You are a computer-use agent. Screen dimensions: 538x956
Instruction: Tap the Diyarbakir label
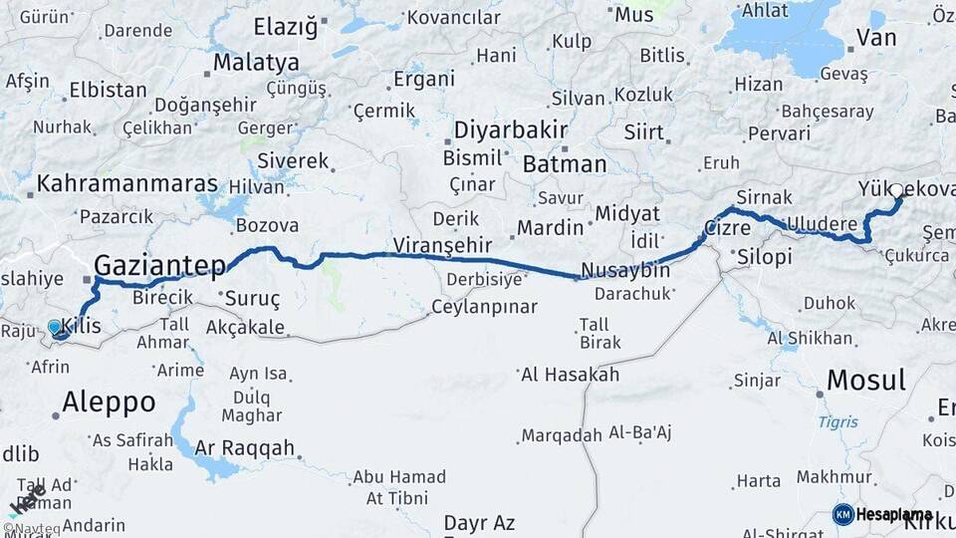511,131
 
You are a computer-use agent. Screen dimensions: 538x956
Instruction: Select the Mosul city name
866,380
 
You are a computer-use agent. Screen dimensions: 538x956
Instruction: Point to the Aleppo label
109,403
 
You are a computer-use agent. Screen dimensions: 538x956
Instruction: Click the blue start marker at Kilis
55,327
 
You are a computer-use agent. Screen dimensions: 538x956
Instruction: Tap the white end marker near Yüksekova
896,190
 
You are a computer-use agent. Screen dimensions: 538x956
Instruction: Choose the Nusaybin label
625,271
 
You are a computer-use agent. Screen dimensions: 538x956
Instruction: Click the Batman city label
564,164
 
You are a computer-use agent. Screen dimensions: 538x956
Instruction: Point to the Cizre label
727,228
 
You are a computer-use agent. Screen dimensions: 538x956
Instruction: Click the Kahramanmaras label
127,184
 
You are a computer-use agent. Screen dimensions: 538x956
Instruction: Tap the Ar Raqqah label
245,447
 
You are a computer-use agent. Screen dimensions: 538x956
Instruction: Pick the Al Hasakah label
570,375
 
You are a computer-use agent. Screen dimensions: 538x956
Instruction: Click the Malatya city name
256,62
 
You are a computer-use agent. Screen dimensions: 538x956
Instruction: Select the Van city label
876,38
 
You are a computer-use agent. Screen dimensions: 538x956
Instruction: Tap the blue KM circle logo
842,514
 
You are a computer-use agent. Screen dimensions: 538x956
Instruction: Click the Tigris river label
837,421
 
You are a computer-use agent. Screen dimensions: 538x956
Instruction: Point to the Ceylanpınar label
484,307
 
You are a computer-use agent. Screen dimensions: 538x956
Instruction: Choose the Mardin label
550,227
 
